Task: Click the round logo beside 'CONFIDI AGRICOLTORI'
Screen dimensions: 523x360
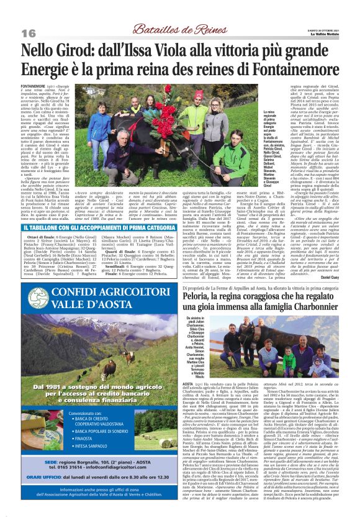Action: pos(39,297)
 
